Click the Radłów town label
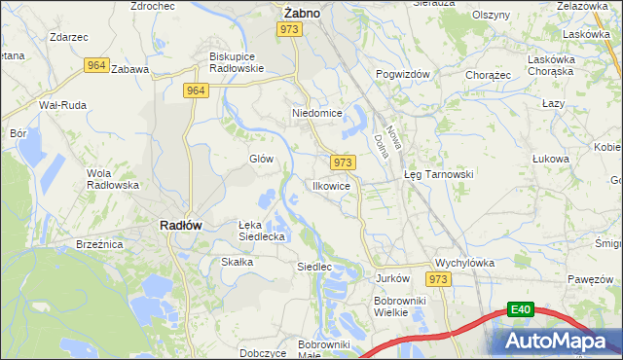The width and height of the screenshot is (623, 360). [x=180, y=225]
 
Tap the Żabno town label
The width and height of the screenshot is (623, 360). [x=302, y=13]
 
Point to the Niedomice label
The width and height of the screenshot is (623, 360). [x=317, y=113]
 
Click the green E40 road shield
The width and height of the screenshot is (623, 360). [x=522, y=309]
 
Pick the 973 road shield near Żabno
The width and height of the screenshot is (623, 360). [x=288, y=30]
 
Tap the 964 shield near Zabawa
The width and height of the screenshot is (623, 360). [x=95, y=65]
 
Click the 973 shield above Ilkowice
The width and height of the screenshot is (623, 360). [x=342, y=162]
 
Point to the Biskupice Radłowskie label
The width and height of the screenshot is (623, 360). [x=237, y=62]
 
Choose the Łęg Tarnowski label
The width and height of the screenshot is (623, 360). [x=438, y=174]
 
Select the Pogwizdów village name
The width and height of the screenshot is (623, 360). [x=402, y=74]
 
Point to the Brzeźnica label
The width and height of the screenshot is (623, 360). [x=96, y=245]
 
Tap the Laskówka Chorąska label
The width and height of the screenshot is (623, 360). [x=553, y=65]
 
